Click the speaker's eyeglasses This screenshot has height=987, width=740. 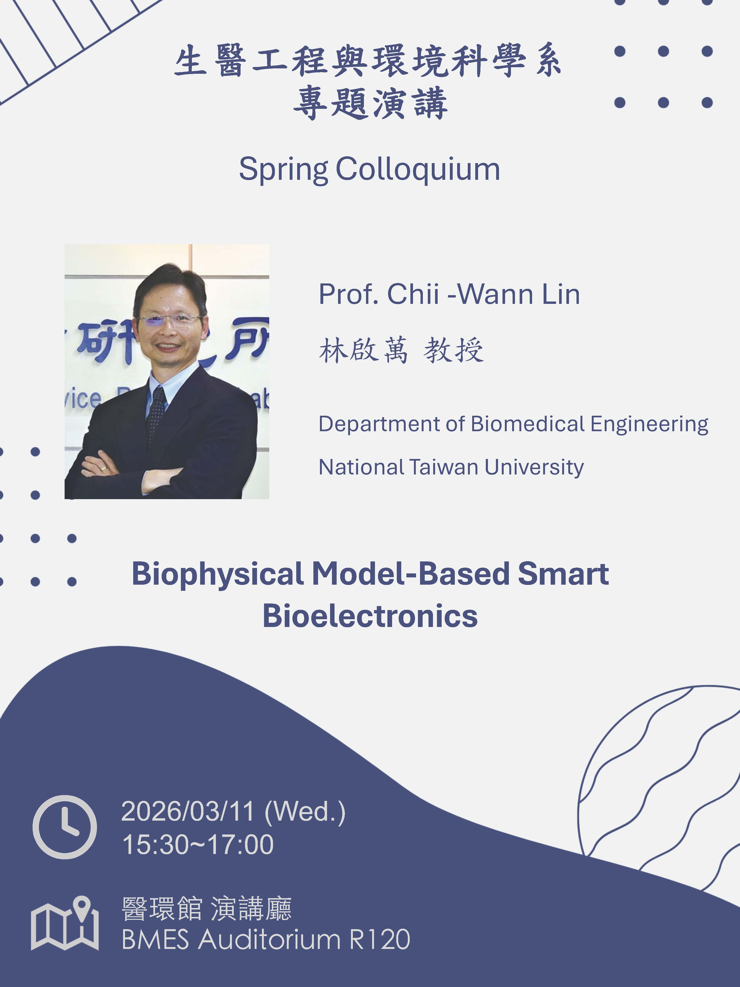click(x=170, y=319)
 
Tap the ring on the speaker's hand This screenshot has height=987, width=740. click(x=104, y=469)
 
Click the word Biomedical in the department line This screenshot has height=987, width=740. click(x=528, y=424)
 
